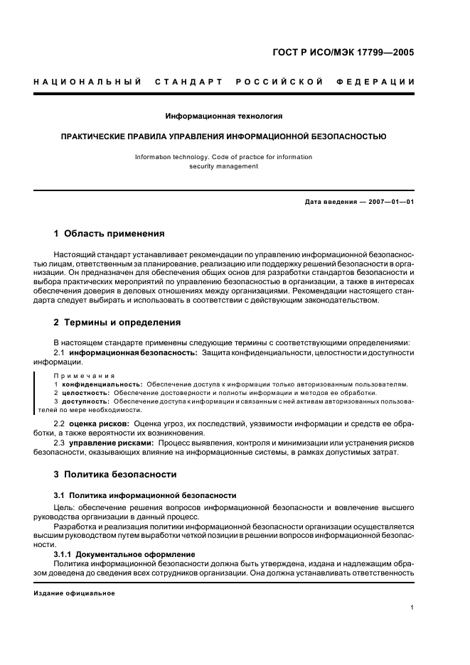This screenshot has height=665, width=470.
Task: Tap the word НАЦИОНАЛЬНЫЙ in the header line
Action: tap(87, 82)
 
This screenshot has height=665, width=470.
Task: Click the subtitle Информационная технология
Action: tap(224, 115)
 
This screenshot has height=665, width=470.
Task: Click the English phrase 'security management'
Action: tap(224, 166)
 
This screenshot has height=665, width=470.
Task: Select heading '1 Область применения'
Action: tap(109, 233)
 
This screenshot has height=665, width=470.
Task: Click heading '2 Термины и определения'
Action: tap(117, 322)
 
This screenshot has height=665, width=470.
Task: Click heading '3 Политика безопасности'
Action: tap(115, 474)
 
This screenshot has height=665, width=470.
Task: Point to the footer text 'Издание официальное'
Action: tap(75, 593)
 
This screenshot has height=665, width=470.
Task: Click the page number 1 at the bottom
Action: tap(412, 607)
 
